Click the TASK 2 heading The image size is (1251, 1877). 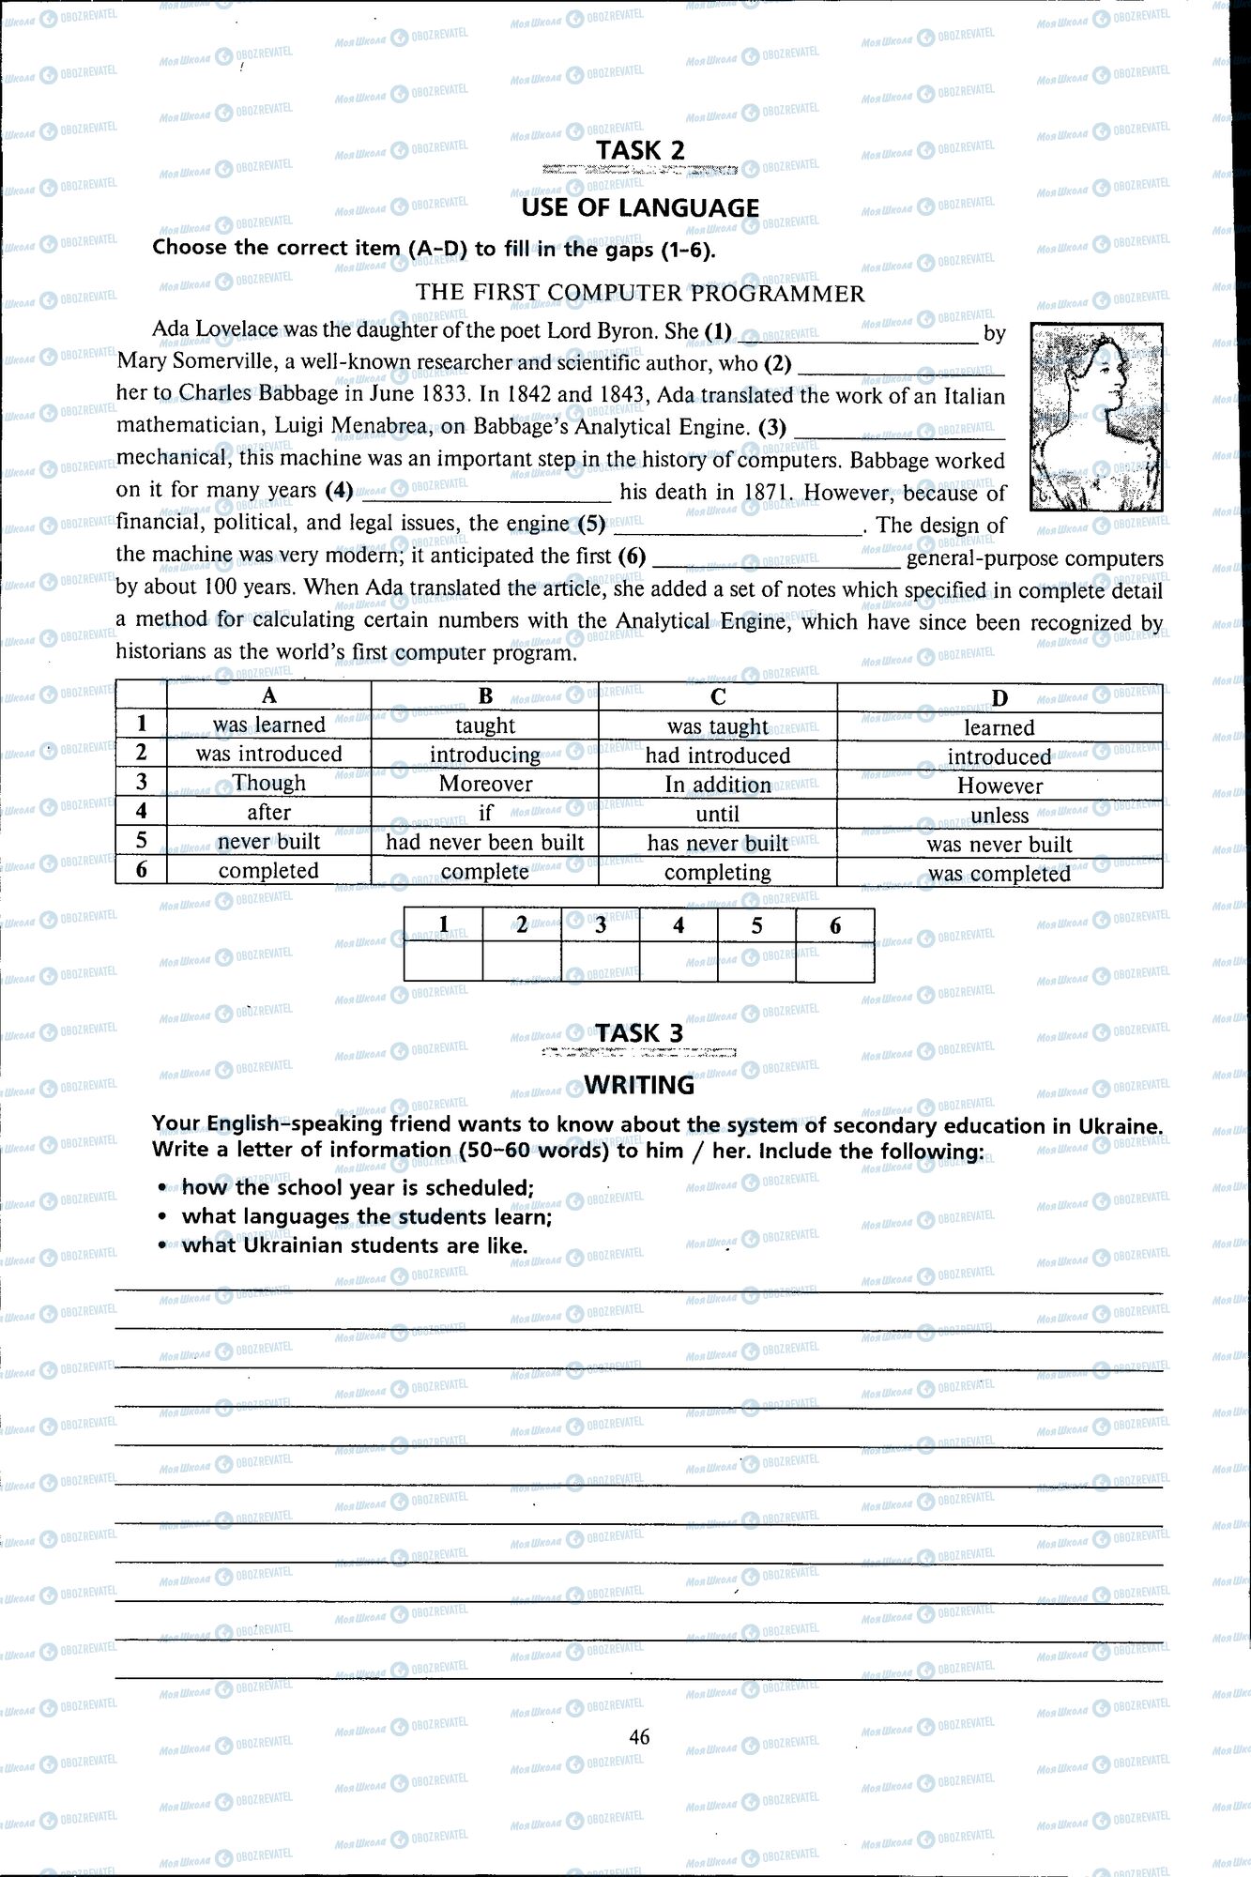click(640, 150)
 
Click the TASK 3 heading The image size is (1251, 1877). click(640, 1032)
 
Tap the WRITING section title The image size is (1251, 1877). click(640, 1085)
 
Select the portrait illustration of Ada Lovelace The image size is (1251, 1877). click(1095, 417)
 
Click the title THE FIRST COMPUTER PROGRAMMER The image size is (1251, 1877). click(640, 293)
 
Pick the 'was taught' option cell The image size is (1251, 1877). click(718, 725)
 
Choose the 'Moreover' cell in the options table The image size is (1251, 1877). click(485, 784)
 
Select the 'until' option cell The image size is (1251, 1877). click(718, 814)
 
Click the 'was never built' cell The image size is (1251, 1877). click(999, 844)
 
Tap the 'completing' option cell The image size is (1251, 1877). click(718, 872)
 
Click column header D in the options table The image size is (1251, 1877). click(999, 697)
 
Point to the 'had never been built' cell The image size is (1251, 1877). click(485, 842)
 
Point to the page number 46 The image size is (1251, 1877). click(640, 1736)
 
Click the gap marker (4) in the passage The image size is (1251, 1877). click(338, 490)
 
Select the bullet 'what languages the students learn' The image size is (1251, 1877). click(366, 1216)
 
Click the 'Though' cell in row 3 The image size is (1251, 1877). click(269, 783)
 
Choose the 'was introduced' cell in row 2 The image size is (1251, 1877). click(269, 754)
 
